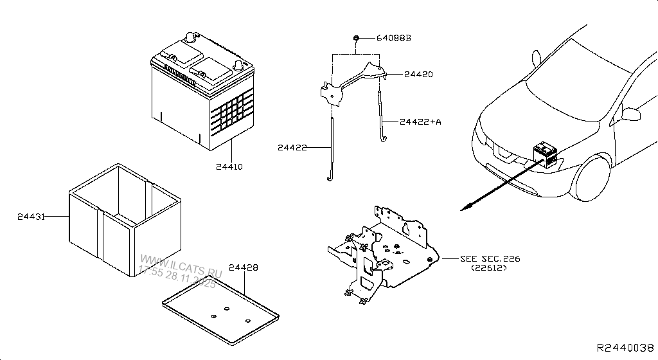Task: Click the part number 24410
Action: click(x=229, y=166)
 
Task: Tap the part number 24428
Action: click(x=244, y=267)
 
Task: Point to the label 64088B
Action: click(x=393, y=39)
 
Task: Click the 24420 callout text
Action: click(x=418, y=75)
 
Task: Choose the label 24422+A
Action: click(x=420, y=121)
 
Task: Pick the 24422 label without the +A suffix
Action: click(x=292, y=148)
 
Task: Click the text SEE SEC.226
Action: click(x=490, y=258)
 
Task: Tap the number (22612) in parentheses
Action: click(x=488, y=267)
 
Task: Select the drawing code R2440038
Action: click(x=625, y=347)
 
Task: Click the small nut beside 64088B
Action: click(x=355, y=39)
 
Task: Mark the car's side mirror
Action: click(x=632, y=114)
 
